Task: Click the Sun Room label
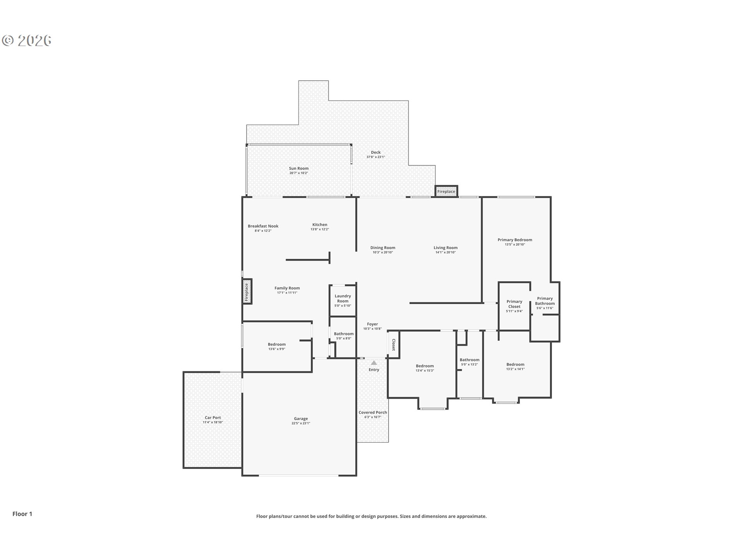pyautogui.click(x=299, y=168)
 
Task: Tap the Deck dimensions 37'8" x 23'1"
pyautogui.click(x=376, y=157)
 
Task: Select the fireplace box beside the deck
pyautogui.click(x=446, y=191)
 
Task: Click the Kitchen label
pyautogui.click(x=320, y=224)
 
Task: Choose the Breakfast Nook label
pyautogui.click(x=263, y=226)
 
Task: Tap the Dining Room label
pyautogui.click(x=383, y=248)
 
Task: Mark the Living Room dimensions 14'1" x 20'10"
pyautogui.click(x=445, y=253)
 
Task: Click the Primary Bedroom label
pyautogui.click(x=515, y=240)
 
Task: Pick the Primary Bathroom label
pyautogui.click(x=545, y=301)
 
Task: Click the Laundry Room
pyautogui.click(x=342, y=301)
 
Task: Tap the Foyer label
pyautogui.click(x=372, y=324)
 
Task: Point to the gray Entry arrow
pyautogui.click(x=374, y=363)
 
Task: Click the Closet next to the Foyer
pyautogui.click(x=393, y=345)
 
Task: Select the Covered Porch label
pyautogui.click(x=373, y=412)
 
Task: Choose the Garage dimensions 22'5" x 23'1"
pyautogui.click(x=301, y=424)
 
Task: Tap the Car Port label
pyautogui.click(x=213, y=418)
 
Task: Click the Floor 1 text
pyautogui.click(x=22, y=514)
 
